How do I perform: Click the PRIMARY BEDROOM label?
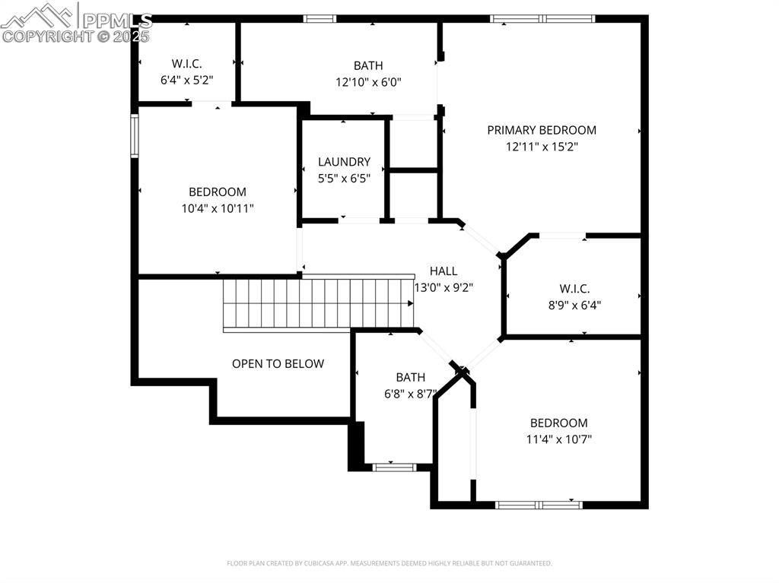pyautogui.click(x=542, y=130)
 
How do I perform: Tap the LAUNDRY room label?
pyautogui.click(x=344, y=162)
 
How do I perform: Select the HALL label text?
pyautogui.click(x=444, y=271)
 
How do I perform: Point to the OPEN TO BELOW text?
pyautogui.click(x=278, y=363)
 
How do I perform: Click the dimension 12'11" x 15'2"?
pyautogui.click(x=542, y=147)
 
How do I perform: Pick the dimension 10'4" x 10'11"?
pyautogui.click(x=218, y=208)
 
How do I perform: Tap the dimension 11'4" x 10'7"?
pyautogui.click(x=559, y=439)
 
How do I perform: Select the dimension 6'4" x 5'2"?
pyautogui.click(x=186, y=78)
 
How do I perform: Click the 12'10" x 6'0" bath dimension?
pyautogui.click(x=368, y=81)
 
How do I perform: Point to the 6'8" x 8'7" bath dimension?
pyautogui.click(x=410, y=393)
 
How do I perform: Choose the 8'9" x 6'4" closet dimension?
pyautogui.click(x=574, y=305)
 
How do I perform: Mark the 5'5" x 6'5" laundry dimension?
pyautogui.click(x=344, y=178)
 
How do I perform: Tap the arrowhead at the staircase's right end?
pyautogui.click(x=411, y=303)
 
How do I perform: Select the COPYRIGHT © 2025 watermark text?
pyautogui.click(x=76, y=36)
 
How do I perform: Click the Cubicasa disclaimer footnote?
pyautogui.click(x=389, y=563)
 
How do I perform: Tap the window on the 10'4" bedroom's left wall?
pyautogui.click(x=135, y=135)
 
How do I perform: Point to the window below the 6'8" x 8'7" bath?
pyautogui.click(x=394, y=467)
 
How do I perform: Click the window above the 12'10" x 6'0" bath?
pyautogui.click(x=320, y=18)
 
